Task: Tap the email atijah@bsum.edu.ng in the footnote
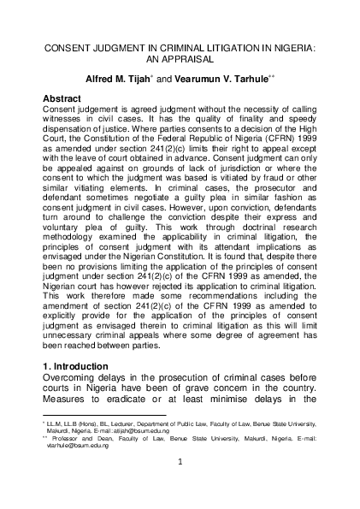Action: tap(144, 430)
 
